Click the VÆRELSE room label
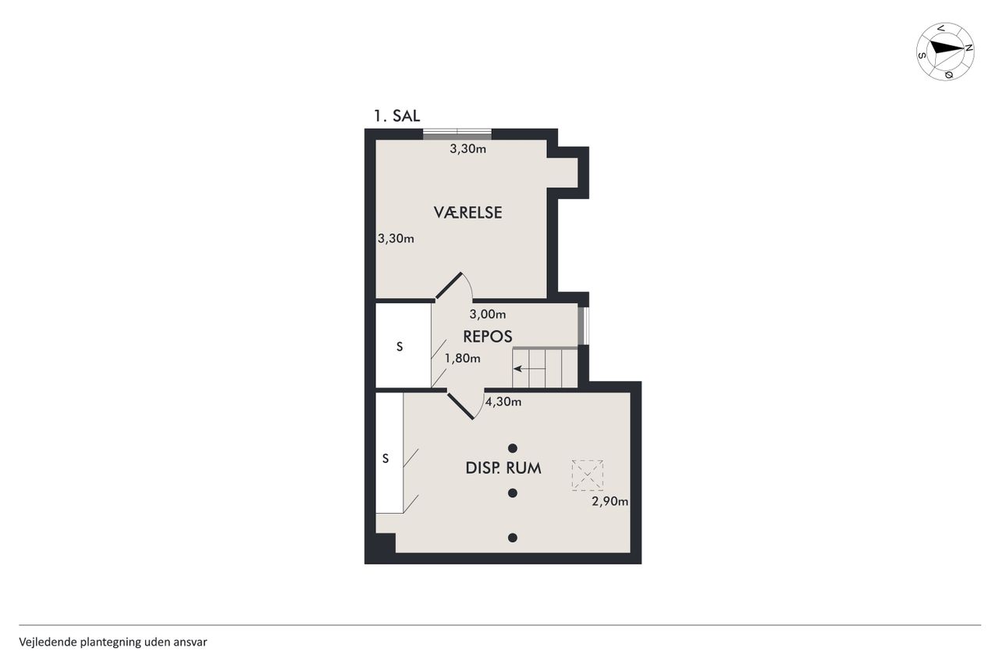coord(468,212)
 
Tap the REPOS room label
coord(488,337)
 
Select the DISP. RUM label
coord(503,468)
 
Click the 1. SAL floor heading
coord(396,116)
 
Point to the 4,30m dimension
coord(503,402)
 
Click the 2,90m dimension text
coord(610,501)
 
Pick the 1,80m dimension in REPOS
coord(463,358)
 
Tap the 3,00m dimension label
coord(488,315)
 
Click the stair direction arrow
coord(529,369)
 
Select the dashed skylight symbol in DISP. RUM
coord(588,475)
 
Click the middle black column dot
coord(513,493)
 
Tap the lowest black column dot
coord(513,538)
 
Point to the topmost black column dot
coord(513,448)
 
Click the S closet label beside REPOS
coord(400,347)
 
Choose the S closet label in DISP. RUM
coord(386,458)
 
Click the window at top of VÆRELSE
coord(457,134)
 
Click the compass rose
coord(945,52)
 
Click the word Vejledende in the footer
coord(48,643)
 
